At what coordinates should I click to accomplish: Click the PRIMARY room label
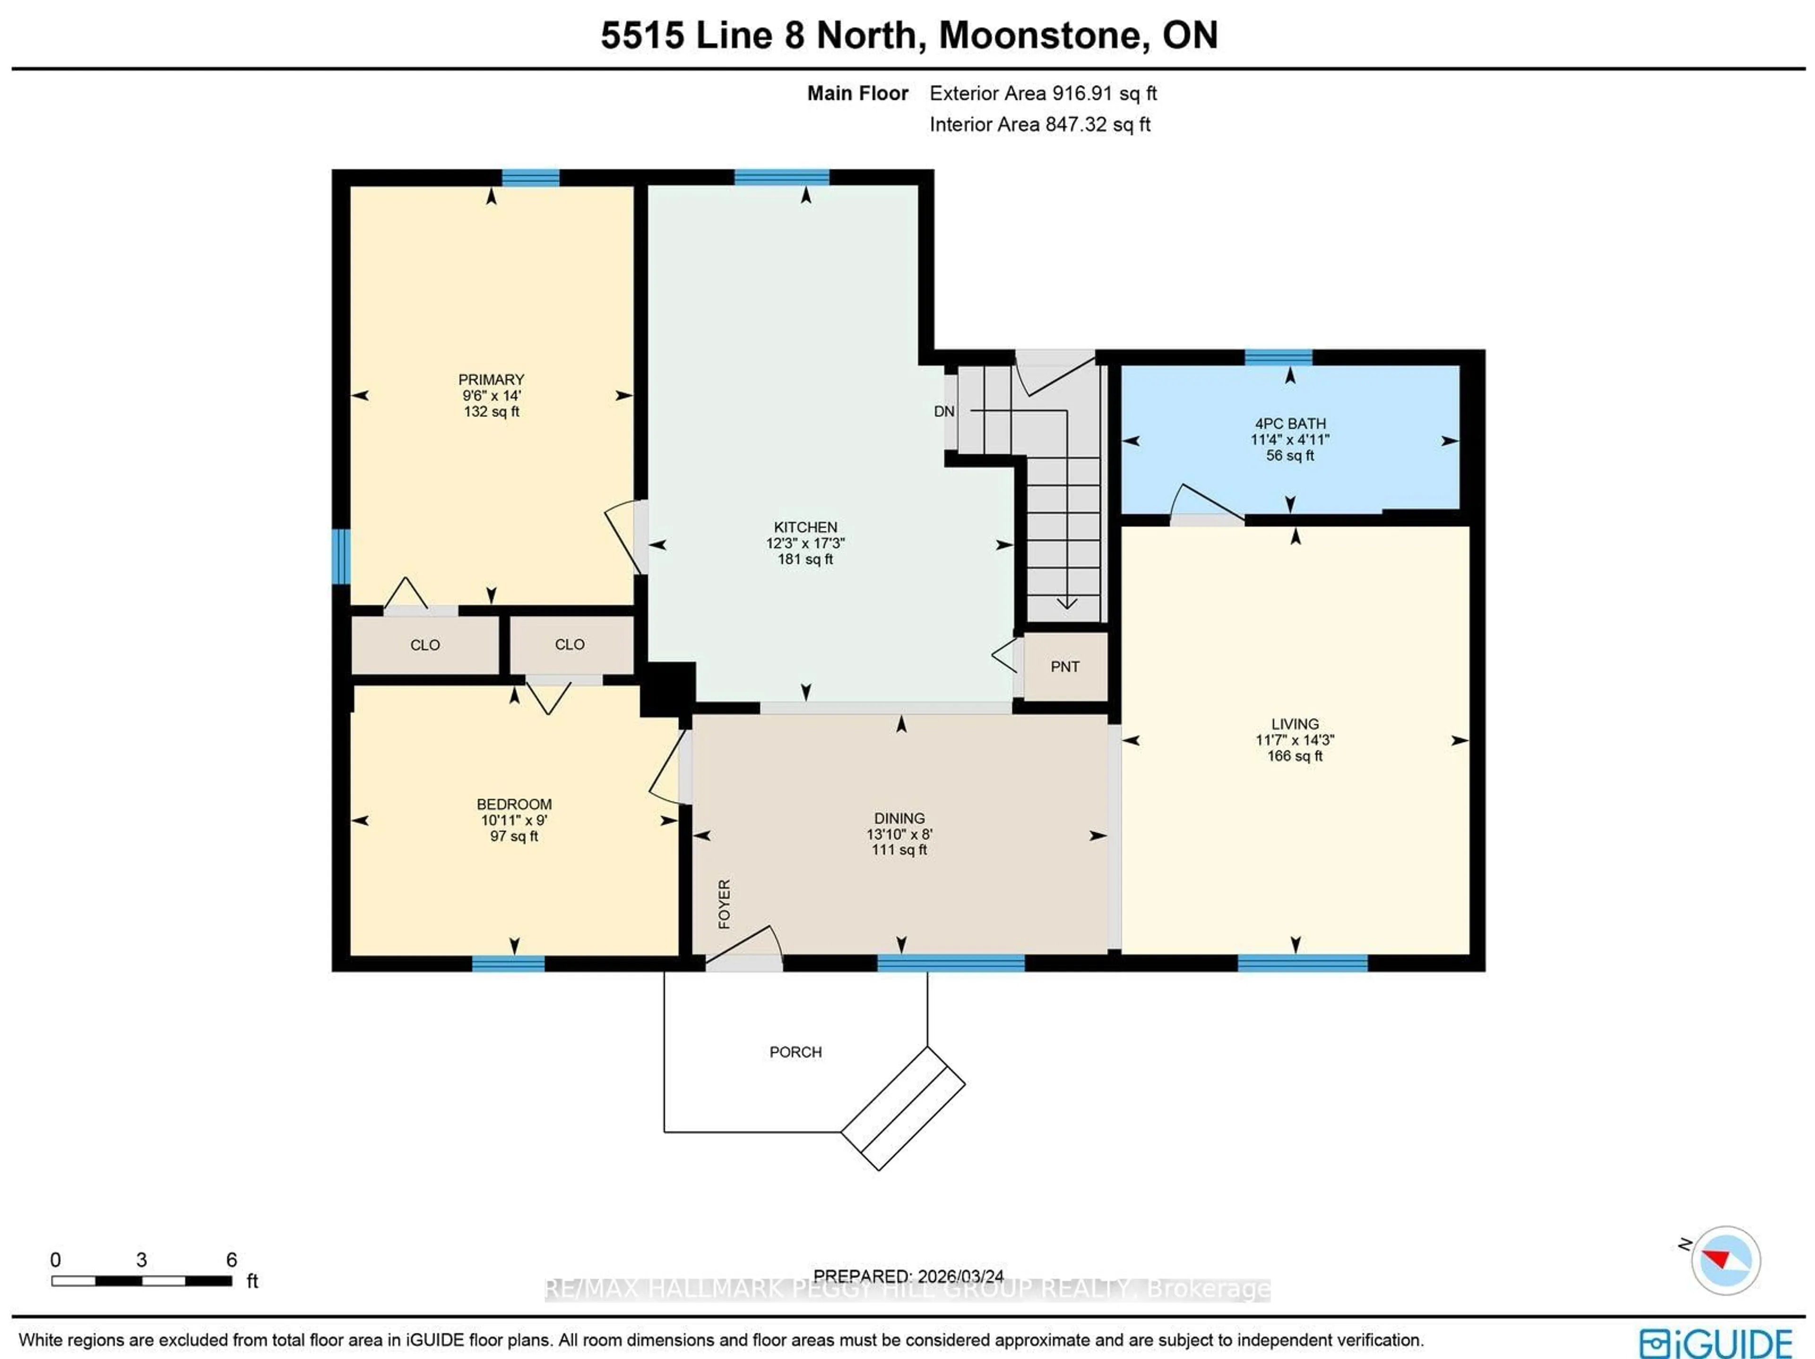click(491, 379)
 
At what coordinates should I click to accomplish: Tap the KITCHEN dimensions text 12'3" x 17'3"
click(805, 543)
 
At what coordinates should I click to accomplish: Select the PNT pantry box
click(1065, 667)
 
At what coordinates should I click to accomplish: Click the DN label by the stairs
click(943, 411)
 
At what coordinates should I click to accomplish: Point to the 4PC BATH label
click(1290, 424)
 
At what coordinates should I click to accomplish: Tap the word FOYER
click(724, 903)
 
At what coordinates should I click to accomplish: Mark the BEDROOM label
click(514, 804)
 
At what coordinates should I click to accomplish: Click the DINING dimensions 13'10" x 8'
click(899, 834)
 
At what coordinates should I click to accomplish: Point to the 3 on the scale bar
click(141, 1260)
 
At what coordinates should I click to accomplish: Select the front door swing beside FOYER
click(745, 944)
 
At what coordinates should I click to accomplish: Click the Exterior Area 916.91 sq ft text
click(1043, 94)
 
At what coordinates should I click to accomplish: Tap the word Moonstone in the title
click(1039, 35)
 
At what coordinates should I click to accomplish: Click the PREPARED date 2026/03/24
click(960, 1276)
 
